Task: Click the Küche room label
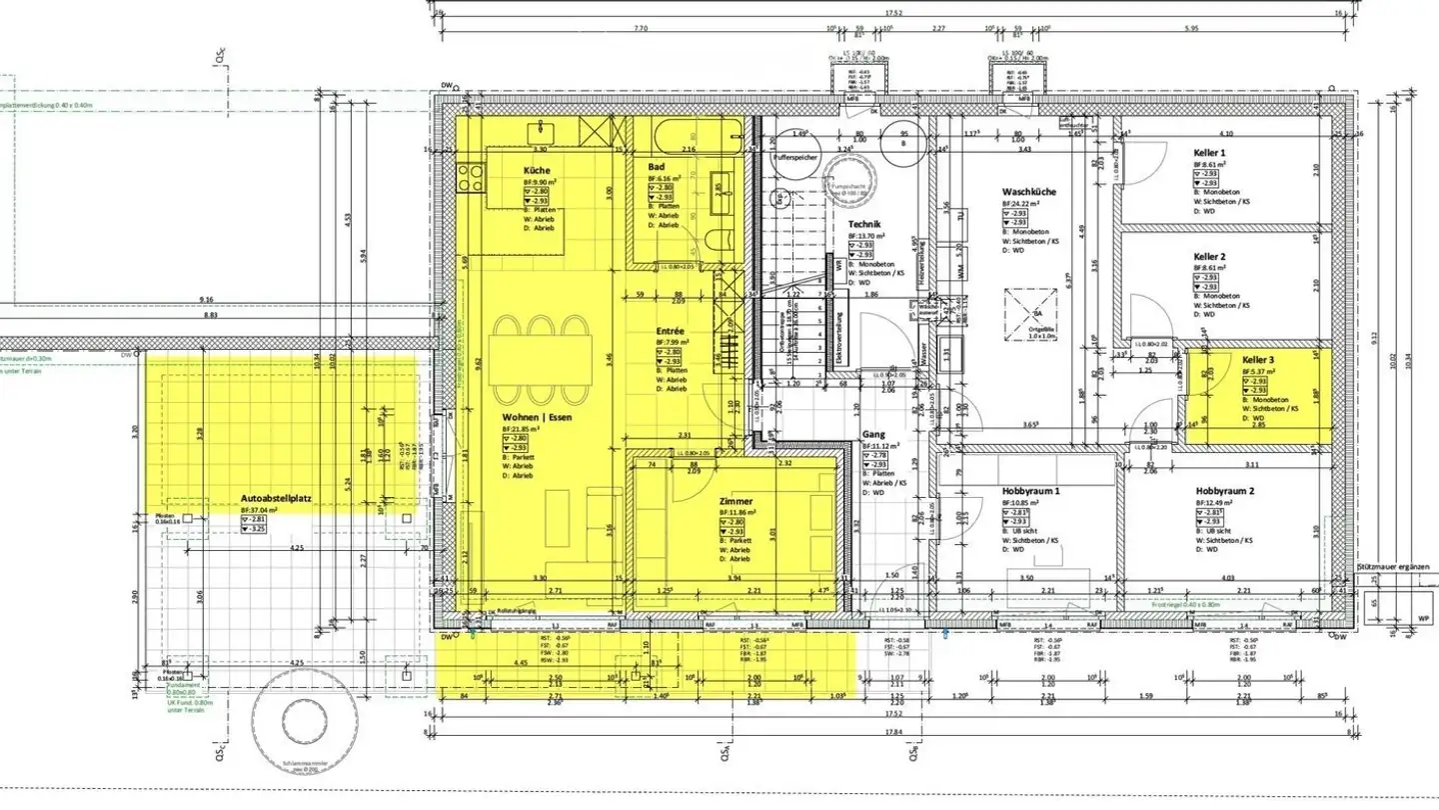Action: click(x=537, y=171)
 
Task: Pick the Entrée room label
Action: click(x=670, y=331)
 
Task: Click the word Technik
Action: click(x=863, y=225)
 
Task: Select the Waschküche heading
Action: click(x=1029, y=192)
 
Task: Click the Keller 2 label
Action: click(x=1209, y=257)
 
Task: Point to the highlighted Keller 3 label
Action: click(x=1258, y=360)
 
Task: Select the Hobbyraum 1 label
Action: click(x=1030, y=492)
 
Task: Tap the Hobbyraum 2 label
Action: click(x=1224, y=492)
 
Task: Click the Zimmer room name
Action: click(x=735, y=501)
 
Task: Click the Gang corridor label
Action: click(x=873, y=435)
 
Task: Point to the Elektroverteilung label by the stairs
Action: click(x=839, y=340)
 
